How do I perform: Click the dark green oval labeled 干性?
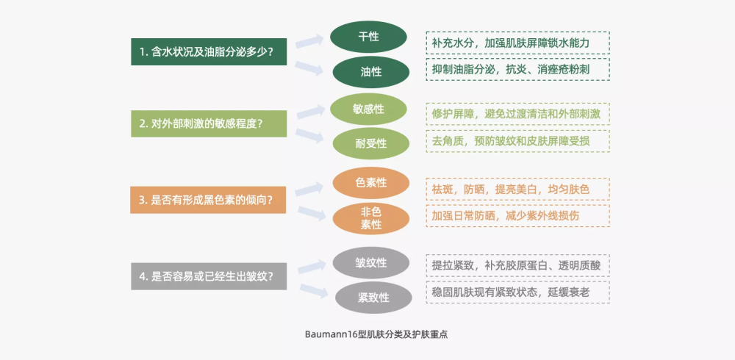pos(368,37)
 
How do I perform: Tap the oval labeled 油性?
pos(370,72)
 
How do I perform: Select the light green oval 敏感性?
pos(368,109)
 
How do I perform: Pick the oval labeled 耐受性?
pos(370,143)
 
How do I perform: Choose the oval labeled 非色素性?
pos(370,218)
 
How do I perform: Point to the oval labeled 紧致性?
pos(373,298)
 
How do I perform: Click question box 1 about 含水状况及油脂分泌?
pos(209,51)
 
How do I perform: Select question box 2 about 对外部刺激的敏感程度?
pos(209,123)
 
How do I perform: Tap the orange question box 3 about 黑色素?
pos(208,200)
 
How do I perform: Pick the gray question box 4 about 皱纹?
pos(209,276)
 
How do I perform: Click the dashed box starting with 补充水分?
pos(518,43)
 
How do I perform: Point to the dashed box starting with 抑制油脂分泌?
pos(518,69)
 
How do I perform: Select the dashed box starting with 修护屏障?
pos(518,113)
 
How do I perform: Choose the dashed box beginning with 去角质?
pos(518,140)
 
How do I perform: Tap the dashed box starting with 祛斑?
pos(518,189)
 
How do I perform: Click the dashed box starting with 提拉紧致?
pos(518,265)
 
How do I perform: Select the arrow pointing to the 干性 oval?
pos(310,41)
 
